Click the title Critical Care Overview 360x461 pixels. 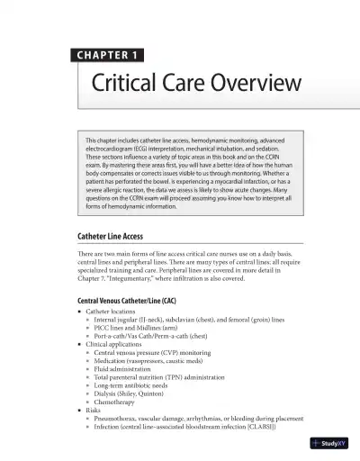(x=195, y=86)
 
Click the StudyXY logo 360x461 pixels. (x=328, y=442)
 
